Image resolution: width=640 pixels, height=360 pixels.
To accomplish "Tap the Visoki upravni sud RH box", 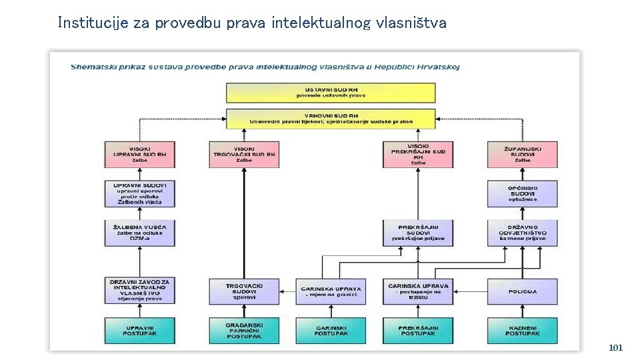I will [139, 154].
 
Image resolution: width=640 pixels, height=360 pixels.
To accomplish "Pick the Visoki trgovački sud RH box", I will [245, 154].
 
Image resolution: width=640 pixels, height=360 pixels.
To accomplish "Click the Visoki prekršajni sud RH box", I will [417, 154].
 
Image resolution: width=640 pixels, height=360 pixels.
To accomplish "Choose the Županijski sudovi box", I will [522, 154].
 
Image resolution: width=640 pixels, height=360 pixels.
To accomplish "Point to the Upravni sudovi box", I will [139, 193].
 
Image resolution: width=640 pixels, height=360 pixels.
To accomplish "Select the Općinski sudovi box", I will [522, 193].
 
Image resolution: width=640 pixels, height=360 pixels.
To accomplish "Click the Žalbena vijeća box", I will [139, 232].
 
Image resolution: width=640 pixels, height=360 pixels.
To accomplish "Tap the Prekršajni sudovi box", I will [417, 232].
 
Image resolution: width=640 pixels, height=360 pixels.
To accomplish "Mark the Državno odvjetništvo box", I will [522, 232].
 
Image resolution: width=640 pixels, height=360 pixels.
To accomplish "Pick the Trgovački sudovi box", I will [245, 291].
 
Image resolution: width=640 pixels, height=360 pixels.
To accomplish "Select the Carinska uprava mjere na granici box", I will [331, 291].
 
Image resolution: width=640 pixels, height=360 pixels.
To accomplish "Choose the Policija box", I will [522, 291].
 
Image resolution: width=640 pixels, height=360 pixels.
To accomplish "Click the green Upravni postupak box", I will [139, 330].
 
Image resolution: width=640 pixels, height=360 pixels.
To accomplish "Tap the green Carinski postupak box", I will [331, 330].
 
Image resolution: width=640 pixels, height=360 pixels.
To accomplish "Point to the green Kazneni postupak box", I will [522, 330].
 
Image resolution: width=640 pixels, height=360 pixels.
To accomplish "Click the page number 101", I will [615, 348].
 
